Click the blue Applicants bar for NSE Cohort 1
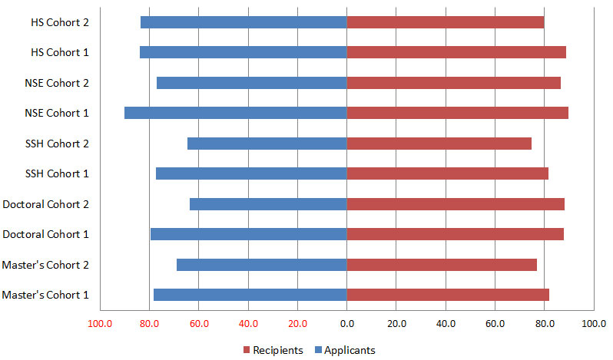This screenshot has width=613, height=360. tap(236, 113)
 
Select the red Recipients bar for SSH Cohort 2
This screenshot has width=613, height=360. tap(439, 144)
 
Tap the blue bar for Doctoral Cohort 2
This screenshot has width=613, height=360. tap(268, 204)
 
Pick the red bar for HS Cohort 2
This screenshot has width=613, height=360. tap(446, 22)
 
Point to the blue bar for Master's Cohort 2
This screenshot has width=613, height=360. tap(262, 265)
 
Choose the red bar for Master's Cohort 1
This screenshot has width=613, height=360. tap(448, 295)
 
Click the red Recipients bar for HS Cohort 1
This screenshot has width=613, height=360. tap(456, 52)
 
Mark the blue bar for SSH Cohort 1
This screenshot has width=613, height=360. tap(251, 173)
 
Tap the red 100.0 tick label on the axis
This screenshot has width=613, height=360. tap(100, 323)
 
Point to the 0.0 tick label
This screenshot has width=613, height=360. tap(346, 323)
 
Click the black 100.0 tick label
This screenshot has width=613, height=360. tap(593, 323)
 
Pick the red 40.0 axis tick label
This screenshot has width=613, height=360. tap(248, 323)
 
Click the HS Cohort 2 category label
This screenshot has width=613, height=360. tap(60, 22)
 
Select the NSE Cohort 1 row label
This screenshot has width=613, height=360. tap(57, 113)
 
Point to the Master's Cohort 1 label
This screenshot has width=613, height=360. tap(45, 295)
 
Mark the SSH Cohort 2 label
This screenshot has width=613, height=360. tap(58, 144)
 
